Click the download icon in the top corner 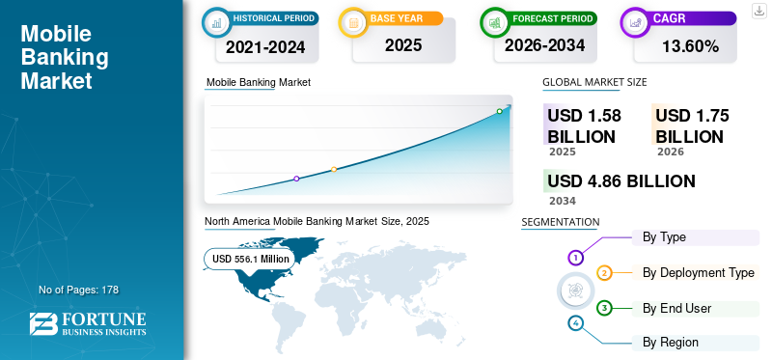coord(758,11)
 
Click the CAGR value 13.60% coord(690,46)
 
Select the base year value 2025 coord(403,45)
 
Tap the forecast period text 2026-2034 coord(544,45)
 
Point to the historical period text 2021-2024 coord(265,46)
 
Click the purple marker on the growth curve coord(296,179)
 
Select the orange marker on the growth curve coord(334,170)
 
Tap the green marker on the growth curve coord(499,111)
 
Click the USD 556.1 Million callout coord(251,259)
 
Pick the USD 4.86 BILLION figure coord(621,181)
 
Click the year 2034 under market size coord(563,201)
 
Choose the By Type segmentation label coord(664,237)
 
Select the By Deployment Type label coord(698,272)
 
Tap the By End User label coord(677,308)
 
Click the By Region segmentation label coord(671,343)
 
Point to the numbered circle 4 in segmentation coord(575,323)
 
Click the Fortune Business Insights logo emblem coord(43,323)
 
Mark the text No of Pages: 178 coord(79,290)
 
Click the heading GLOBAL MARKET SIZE coord(594,82)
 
